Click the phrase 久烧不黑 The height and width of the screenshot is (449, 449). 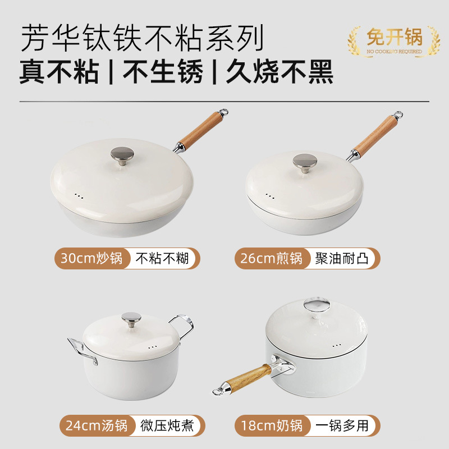[x=280, y=72]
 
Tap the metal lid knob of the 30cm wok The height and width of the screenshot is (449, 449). [x=122, y=154]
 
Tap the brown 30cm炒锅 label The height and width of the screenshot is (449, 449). [x=92, y=259]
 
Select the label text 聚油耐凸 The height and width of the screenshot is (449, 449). [x=342, y=259]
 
